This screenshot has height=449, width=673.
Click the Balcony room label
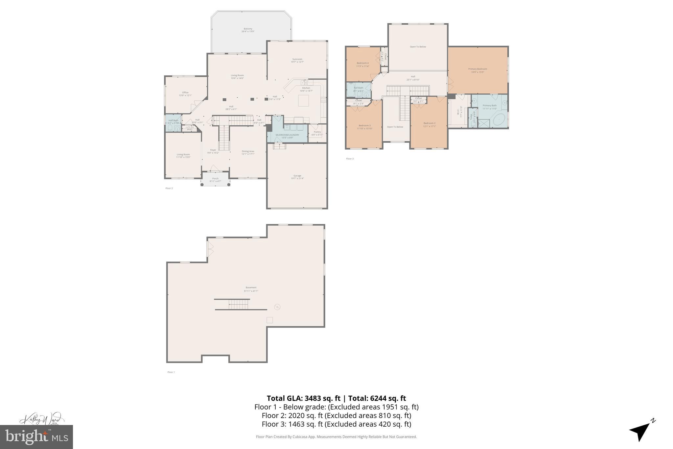248,30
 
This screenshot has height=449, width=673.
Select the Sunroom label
297,61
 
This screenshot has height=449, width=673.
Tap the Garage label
297,177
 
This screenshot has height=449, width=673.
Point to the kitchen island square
303,101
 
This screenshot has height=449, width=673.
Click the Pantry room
317,133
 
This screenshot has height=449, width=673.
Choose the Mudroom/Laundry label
287,136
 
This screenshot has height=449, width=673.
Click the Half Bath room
173,122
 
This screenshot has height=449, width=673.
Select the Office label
185,94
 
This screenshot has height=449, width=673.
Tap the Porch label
215,180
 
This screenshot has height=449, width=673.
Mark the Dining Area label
248,153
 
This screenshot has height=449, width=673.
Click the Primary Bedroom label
477,70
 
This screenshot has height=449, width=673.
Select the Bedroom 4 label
362,64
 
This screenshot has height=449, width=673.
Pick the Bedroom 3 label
364,127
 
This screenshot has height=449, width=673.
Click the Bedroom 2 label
429,124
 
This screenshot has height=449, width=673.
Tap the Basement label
251,289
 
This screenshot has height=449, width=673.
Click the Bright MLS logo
36,437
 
